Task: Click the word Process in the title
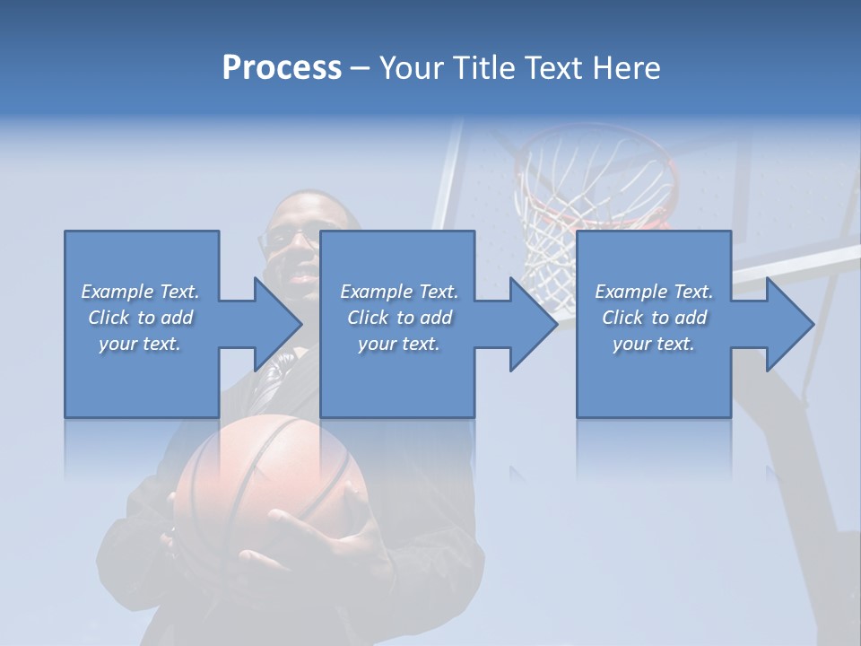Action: pyautogui.click(x=282, y=68)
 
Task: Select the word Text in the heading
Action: pyautogui.click(x=554, y=68)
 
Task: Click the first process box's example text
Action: pyautogui.click(x=140, y=318)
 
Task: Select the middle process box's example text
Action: pyautogui.click(x=398, y=318)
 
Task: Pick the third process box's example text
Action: pyautogui.click(x=653, y=318)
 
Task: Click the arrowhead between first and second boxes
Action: pyautogui.click(x=278, y=324)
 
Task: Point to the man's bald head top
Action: pyautogui.click(x=300, y=202)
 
